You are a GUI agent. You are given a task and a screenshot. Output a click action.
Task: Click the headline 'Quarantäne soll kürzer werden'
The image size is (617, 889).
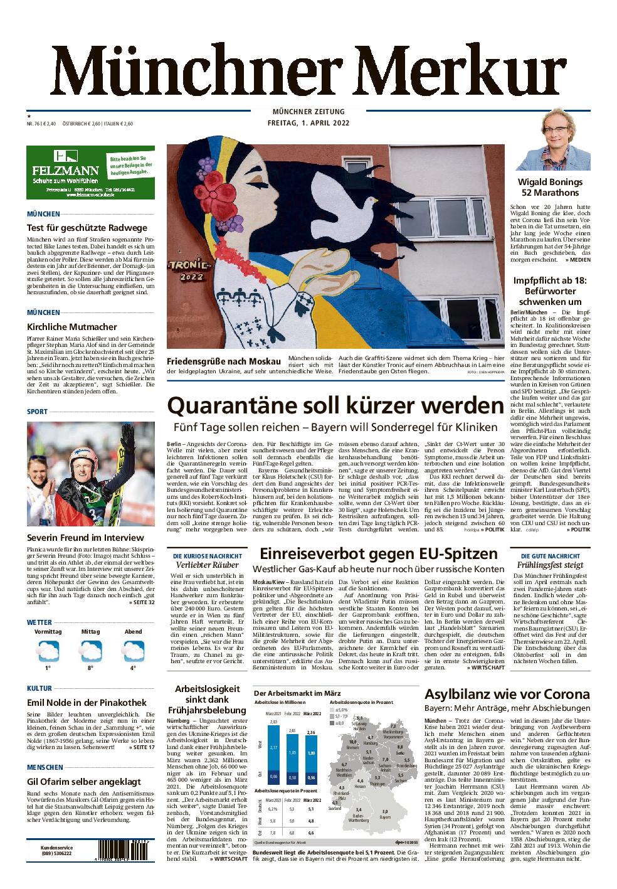point(335,405)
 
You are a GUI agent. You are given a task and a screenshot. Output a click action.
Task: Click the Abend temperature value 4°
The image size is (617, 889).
point(133,668)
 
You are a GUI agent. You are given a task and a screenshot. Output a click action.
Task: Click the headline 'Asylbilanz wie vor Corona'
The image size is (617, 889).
point(507,694)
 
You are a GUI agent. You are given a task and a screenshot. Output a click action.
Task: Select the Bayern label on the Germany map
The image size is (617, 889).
point(386,816)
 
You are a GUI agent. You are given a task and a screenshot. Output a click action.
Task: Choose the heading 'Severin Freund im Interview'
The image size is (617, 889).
point(85,538)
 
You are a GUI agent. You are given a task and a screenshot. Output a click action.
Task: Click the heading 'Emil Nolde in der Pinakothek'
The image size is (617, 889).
point(87,703)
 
